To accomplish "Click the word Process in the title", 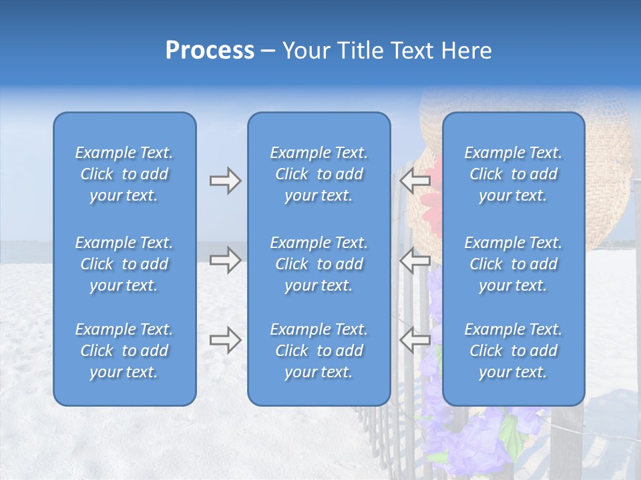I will pos(210,51).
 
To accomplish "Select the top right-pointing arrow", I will pos(225,181).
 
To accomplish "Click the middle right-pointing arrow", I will pos(225,260).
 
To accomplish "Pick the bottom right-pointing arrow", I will pos(225,340).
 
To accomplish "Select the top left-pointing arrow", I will pos(415,181).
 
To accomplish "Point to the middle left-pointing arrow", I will pos(415,260).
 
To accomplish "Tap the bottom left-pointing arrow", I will pos(415,340).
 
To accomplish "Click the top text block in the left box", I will pos(124,174).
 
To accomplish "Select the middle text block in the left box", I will pos(124,264).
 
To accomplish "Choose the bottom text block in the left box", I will pos(124,351).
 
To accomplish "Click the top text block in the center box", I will pos(318,174).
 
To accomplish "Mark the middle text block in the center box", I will pos(318,264).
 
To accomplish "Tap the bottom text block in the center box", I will pos(318,351).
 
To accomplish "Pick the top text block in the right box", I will pos(513,174).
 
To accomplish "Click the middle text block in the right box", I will pos(513,264).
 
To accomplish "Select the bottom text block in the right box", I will pos(513,351).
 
